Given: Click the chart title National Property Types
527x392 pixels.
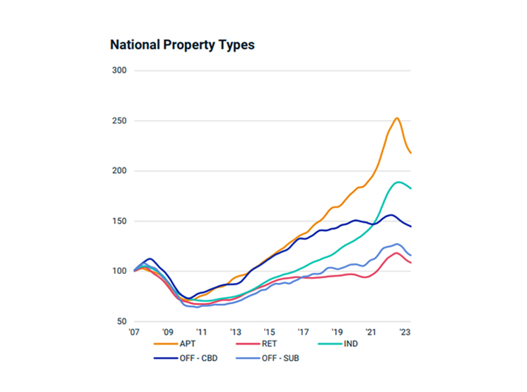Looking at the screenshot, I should click(182, 45).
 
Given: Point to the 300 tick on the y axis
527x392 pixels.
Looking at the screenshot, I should click(119, 70).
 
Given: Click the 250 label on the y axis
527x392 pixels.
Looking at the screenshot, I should click(119, 121).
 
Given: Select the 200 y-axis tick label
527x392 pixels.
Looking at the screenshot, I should click(119, 171).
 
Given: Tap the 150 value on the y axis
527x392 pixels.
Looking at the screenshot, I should click(119, 221).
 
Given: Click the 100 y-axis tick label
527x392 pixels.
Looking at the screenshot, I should click(119, 271).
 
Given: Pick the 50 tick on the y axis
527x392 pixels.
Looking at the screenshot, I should click(121, 322).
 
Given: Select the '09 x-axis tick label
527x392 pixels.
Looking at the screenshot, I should click(167, 332).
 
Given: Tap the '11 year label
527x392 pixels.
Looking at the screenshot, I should click(201, 332).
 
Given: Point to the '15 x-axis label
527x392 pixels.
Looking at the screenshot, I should click(269, 332).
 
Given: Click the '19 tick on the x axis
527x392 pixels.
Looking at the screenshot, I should click(337, 332).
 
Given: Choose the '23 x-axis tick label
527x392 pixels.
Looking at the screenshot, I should click(405, 332).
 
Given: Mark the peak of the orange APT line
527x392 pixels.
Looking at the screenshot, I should click(397, 118).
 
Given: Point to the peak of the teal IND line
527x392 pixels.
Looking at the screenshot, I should click(399, 182).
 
